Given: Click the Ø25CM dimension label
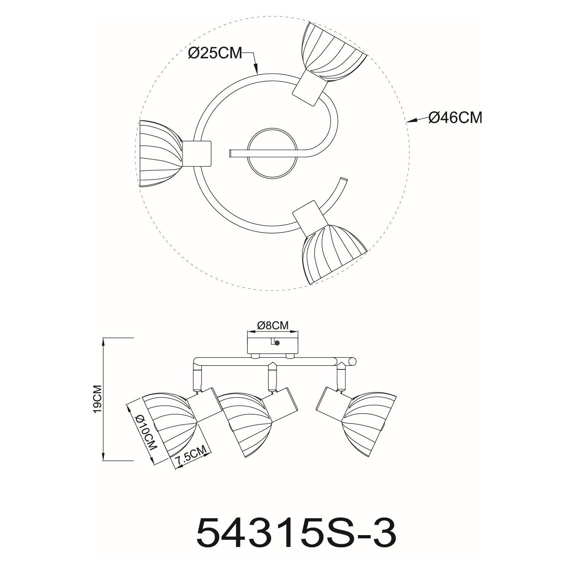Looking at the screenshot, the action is point(215,54).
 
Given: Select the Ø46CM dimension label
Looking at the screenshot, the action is point(455,117).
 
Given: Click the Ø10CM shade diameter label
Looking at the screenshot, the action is point(147,433).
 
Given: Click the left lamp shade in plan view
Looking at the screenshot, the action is point(161,154).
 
